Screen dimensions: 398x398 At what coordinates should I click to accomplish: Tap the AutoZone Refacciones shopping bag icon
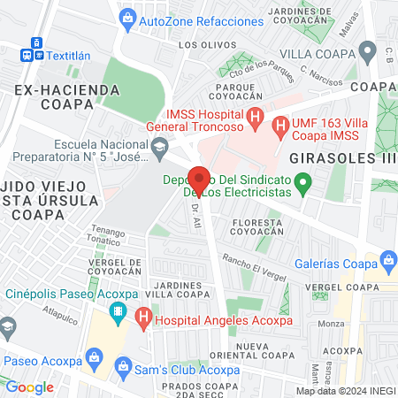pos(128,17)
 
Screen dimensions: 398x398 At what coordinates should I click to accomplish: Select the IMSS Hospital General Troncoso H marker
pos(255,115)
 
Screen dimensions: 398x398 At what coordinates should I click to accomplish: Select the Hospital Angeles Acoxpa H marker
pos(143,314)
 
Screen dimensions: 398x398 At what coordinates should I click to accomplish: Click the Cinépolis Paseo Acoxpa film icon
pos(118,311)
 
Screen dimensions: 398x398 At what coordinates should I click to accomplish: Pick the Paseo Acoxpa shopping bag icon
pos(93,361)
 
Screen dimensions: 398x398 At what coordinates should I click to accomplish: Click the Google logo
pos(30,387)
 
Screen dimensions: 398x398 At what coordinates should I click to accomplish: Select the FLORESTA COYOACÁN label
pos(260,228)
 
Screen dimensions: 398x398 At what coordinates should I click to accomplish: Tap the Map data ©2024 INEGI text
pos(345,391)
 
